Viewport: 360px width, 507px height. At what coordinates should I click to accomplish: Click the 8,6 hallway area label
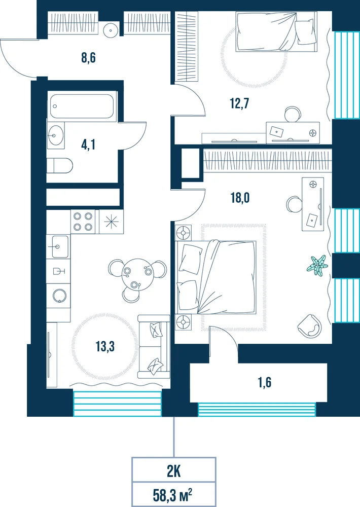[x=88, y=58]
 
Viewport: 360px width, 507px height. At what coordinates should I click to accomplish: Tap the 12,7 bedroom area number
[x=239, y=103]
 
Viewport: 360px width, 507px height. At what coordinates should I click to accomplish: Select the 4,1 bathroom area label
[x=88, y=144]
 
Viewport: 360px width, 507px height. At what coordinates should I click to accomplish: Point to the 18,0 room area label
[x=240, y=198]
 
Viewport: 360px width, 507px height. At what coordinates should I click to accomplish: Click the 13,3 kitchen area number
[x=105, y=346]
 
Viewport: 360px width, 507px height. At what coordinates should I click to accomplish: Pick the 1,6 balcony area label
[x=265, y=382]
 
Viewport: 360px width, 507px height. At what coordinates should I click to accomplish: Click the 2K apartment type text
[x=174, y=472]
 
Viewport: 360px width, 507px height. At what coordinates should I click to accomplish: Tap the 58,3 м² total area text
[x=173, y=495]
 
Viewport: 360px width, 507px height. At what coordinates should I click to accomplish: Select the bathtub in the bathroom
[x=82, y=106]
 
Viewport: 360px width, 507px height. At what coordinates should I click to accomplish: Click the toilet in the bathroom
[x=59, y=166]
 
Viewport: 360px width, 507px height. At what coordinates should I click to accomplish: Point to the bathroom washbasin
[x=56, y=135]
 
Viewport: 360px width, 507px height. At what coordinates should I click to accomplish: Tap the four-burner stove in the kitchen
[x=83, y=222]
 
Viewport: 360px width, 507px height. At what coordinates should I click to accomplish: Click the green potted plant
[x=317, y=266]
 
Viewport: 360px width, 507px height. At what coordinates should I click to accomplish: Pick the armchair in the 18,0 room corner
[x=309, y=326]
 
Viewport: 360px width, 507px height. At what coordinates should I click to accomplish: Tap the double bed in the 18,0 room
[x=215, y=277]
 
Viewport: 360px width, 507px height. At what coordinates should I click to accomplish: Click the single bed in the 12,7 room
[x=276, y=31]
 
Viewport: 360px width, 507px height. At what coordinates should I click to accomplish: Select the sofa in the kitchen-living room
[x=154, y=347]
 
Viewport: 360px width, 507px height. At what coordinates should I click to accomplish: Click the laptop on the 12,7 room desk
[x=276, y=131]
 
